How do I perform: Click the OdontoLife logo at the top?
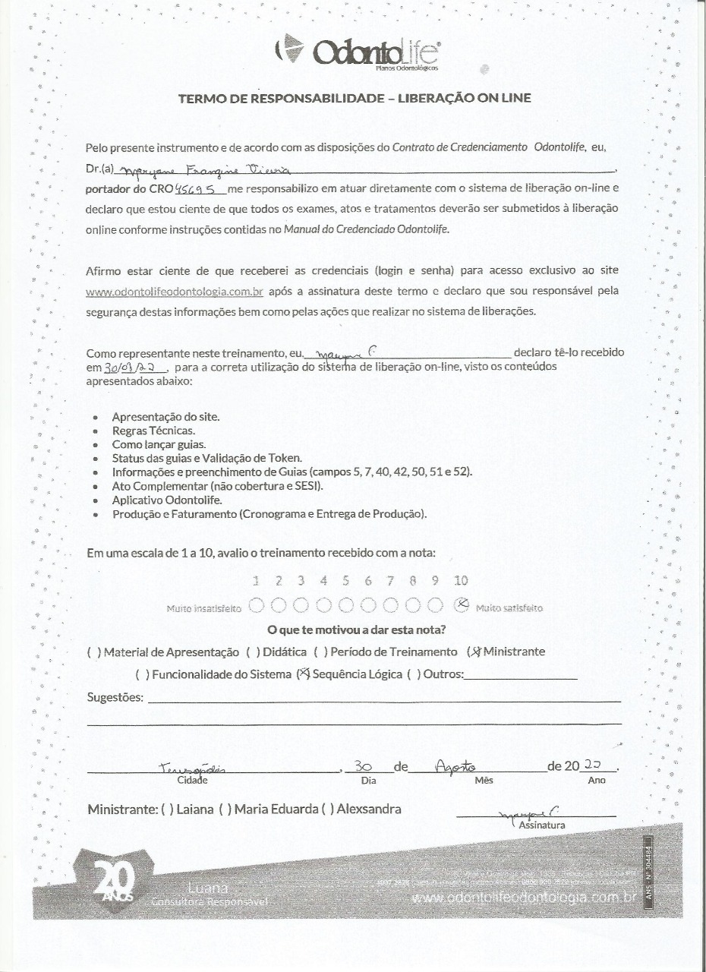[356, 52]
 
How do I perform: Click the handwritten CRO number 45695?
[199, 189]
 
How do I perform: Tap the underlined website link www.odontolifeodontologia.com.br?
[175, 291]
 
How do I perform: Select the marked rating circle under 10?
[460, 605]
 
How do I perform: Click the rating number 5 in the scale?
[345, 582]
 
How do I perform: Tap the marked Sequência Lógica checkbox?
[303, 674]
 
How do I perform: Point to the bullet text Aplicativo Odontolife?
[166, 500]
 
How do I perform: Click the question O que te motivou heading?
[356, 630]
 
